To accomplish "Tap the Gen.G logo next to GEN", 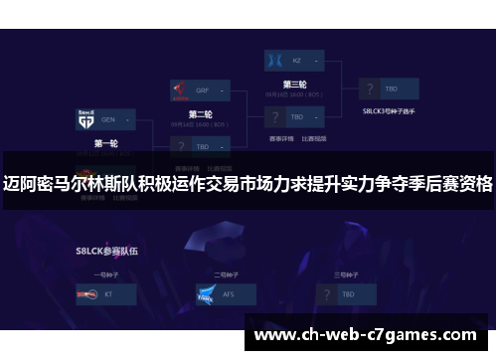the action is coord(84,120).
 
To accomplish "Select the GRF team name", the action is coord(203,89).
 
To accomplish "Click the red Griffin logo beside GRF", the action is coord(179,89).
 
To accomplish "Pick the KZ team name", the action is coord(296,60).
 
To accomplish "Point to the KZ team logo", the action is coord(273,60).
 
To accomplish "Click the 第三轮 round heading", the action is coord(294,84).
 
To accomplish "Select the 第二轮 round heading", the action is coord(201,113).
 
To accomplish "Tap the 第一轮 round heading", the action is coord(105,144).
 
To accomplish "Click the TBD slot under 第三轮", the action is coord(296,116).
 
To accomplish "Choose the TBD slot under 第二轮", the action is coord(203,146).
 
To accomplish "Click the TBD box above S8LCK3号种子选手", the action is coord(391,89).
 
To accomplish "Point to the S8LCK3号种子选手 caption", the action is coord(389,111).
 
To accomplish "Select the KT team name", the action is coord(109,295).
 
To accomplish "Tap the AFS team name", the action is coord(230,295).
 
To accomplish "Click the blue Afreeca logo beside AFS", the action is coord(205,295).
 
